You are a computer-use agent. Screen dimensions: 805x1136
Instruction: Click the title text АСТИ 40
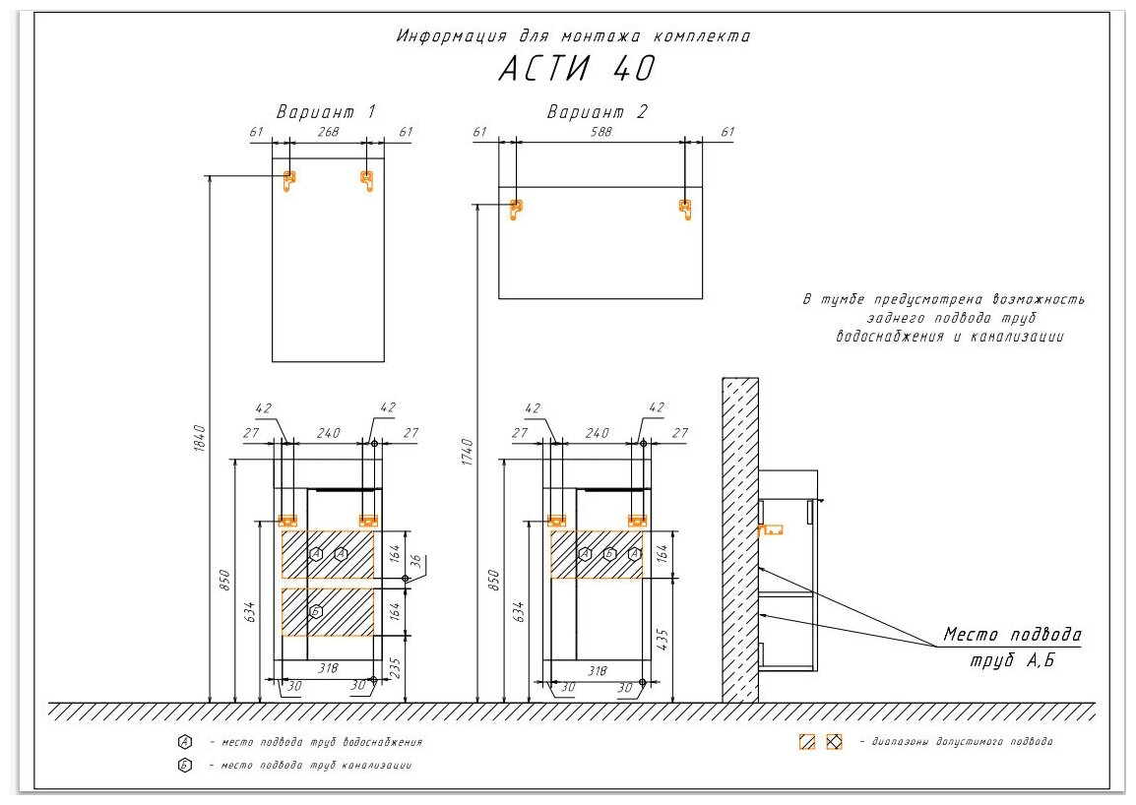click(x=576, y=69)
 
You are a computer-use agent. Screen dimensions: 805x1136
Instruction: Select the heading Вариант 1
click(x=326, y=112)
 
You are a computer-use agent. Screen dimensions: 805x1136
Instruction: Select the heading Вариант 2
click(x=598, y=112)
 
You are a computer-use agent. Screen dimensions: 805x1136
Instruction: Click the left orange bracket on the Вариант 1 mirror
click(x=288, y=179)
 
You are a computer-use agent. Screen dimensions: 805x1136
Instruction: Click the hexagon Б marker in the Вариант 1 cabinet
click(x=316, y=611)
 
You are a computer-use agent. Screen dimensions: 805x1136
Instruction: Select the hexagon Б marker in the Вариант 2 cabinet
click(x=610, y=554)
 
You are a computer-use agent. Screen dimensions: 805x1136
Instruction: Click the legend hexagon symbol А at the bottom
click(x=184, y=741)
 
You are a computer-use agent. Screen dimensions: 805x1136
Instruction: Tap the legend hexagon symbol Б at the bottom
click(x=184, y=765)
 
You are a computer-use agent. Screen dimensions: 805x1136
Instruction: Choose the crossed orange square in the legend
click(x=834, y=742)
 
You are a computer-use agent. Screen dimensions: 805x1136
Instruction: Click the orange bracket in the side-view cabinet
click(x=771, y=528)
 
